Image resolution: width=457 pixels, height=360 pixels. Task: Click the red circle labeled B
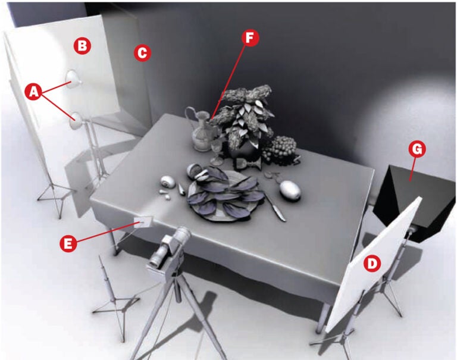[x=82, y=45]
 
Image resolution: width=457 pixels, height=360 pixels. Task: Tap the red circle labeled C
[x=142, y=53]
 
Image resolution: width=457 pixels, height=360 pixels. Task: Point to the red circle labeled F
[x=251, y=37]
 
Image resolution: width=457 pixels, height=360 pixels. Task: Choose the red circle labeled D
[x=372, y=262]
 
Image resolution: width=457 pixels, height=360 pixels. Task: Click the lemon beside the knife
[x=289, y=190]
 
